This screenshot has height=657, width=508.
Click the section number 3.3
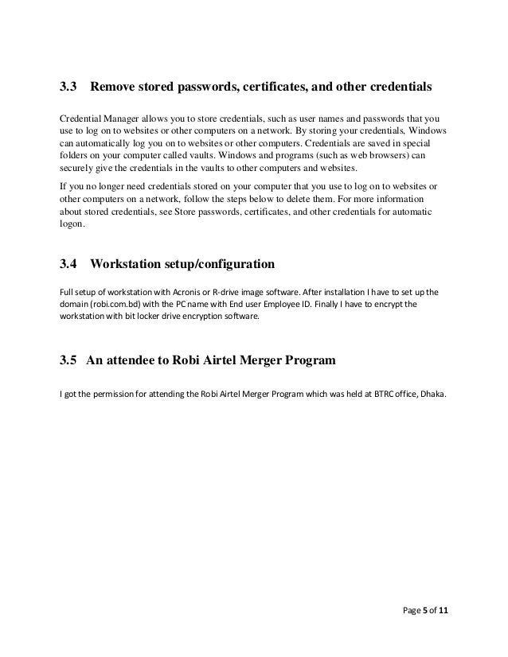[x=69, y=84]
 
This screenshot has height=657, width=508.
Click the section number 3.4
[x=69, y=262]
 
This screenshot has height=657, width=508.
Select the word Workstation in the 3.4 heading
[x=131, y=262]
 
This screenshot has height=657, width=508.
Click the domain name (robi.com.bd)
[x=119, y=305]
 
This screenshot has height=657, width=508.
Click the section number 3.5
[x=69, y=361]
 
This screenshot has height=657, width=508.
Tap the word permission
[x=115, y=391]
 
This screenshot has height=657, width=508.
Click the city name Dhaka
[x=433, y=391]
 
